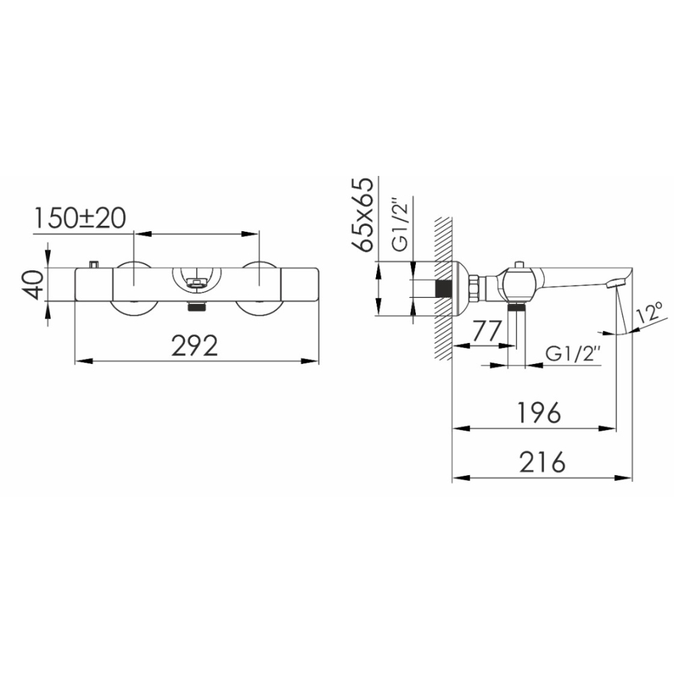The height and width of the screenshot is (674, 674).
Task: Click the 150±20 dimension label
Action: coord(80,218)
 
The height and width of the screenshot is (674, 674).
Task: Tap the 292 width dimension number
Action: coord(195,346)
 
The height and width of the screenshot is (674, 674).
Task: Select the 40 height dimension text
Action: coord(33,284)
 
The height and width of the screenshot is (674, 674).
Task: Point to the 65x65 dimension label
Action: coord(363,214)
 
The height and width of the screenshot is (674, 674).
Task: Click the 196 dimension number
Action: coord(540,412)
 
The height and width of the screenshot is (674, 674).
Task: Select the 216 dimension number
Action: coord(542,462)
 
